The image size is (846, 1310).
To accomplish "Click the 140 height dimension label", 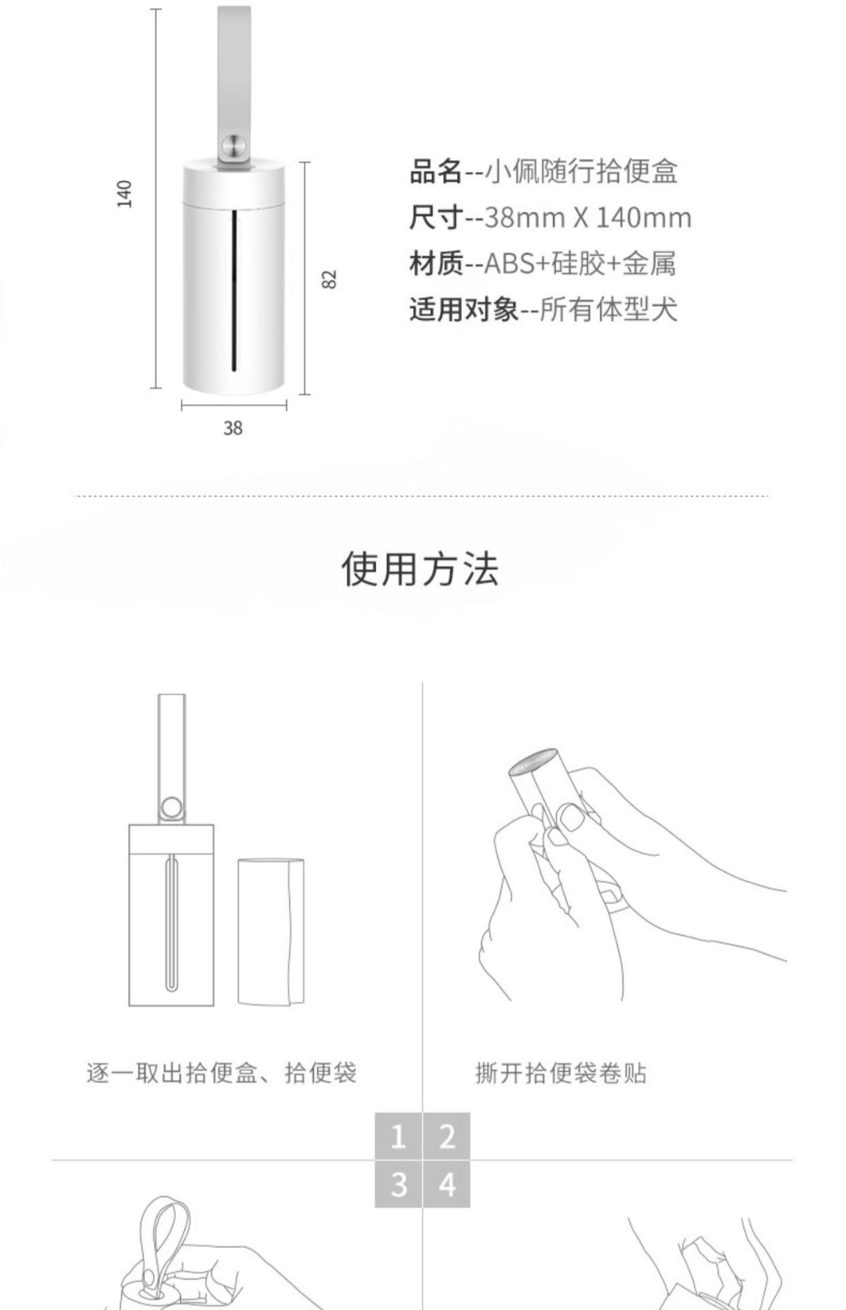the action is coord(125,193).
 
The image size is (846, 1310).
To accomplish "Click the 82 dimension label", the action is coord(330,279).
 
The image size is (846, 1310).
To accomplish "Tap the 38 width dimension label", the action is coord(233,428).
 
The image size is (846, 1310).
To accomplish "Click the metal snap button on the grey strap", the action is coord(235,145).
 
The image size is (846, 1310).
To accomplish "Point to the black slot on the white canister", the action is coord(235,291).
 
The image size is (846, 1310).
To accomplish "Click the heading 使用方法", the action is coord(421,569).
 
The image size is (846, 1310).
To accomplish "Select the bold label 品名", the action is coord(436,171).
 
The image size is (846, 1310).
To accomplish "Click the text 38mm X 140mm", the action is coord(587,217).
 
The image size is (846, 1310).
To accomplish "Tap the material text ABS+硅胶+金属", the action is coord(580,263).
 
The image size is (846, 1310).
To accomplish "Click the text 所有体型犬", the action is coord(608,309).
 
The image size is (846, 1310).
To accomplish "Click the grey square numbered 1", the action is coord(398,1136).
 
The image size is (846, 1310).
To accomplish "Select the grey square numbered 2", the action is coord(447,1136).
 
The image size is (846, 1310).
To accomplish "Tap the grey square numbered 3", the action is coord(398,1184).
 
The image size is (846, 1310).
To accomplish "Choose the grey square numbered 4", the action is coord(447,1184).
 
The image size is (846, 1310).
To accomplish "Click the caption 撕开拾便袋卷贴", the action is coord(561,1073).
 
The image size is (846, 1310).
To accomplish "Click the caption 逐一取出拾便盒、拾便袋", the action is coord(221,1073).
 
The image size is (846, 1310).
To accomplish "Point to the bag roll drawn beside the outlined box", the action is coord(271,932).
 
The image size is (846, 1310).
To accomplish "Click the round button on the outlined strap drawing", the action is coord(171,807).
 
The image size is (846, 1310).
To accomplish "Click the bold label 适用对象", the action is coord(463,309).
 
